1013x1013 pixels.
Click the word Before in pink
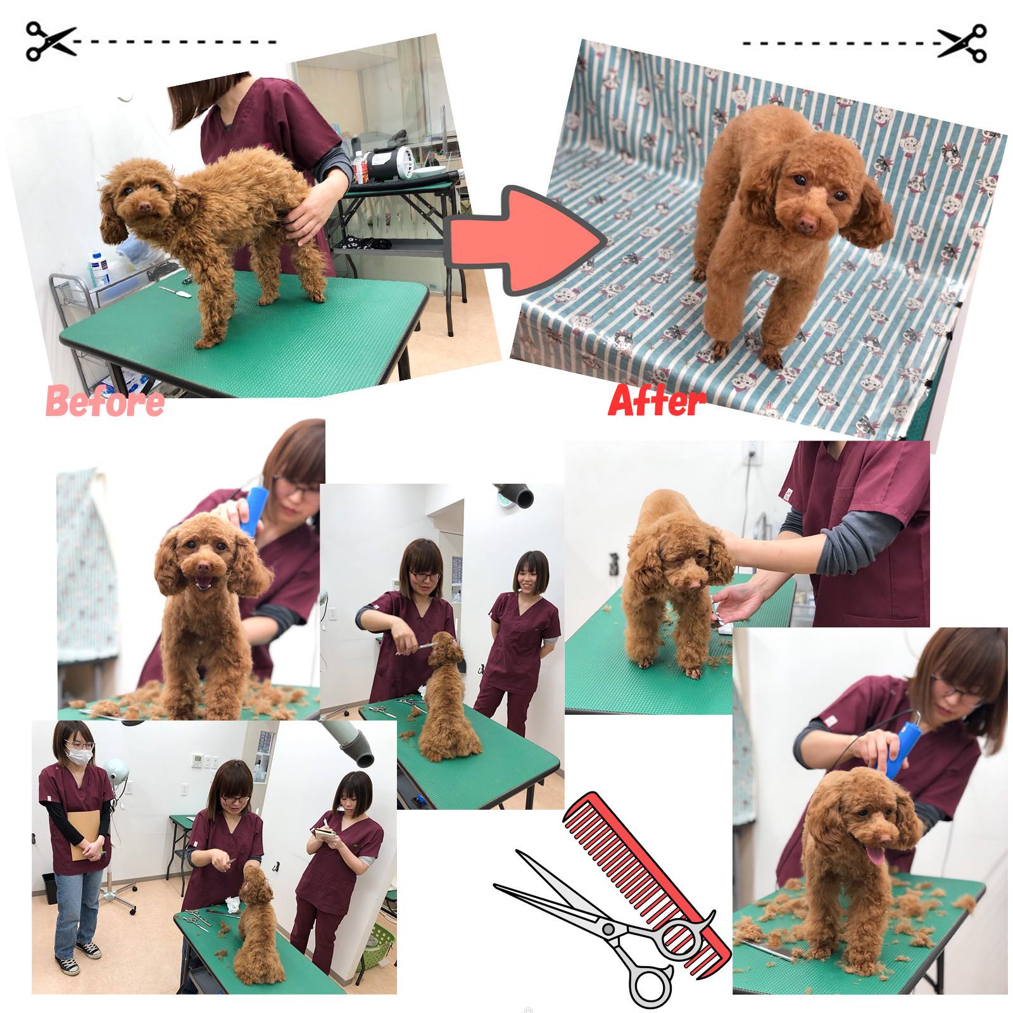tap(105, 401)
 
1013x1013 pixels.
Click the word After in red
tap(657, 400)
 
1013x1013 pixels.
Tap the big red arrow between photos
tap(526, 240)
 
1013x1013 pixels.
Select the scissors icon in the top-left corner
tap(51, 42)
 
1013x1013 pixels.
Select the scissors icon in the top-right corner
tap(962, 43)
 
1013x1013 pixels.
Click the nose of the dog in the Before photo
tap(145, 207)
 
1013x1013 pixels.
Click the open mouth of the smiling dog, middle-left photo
tap(203, 584)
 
